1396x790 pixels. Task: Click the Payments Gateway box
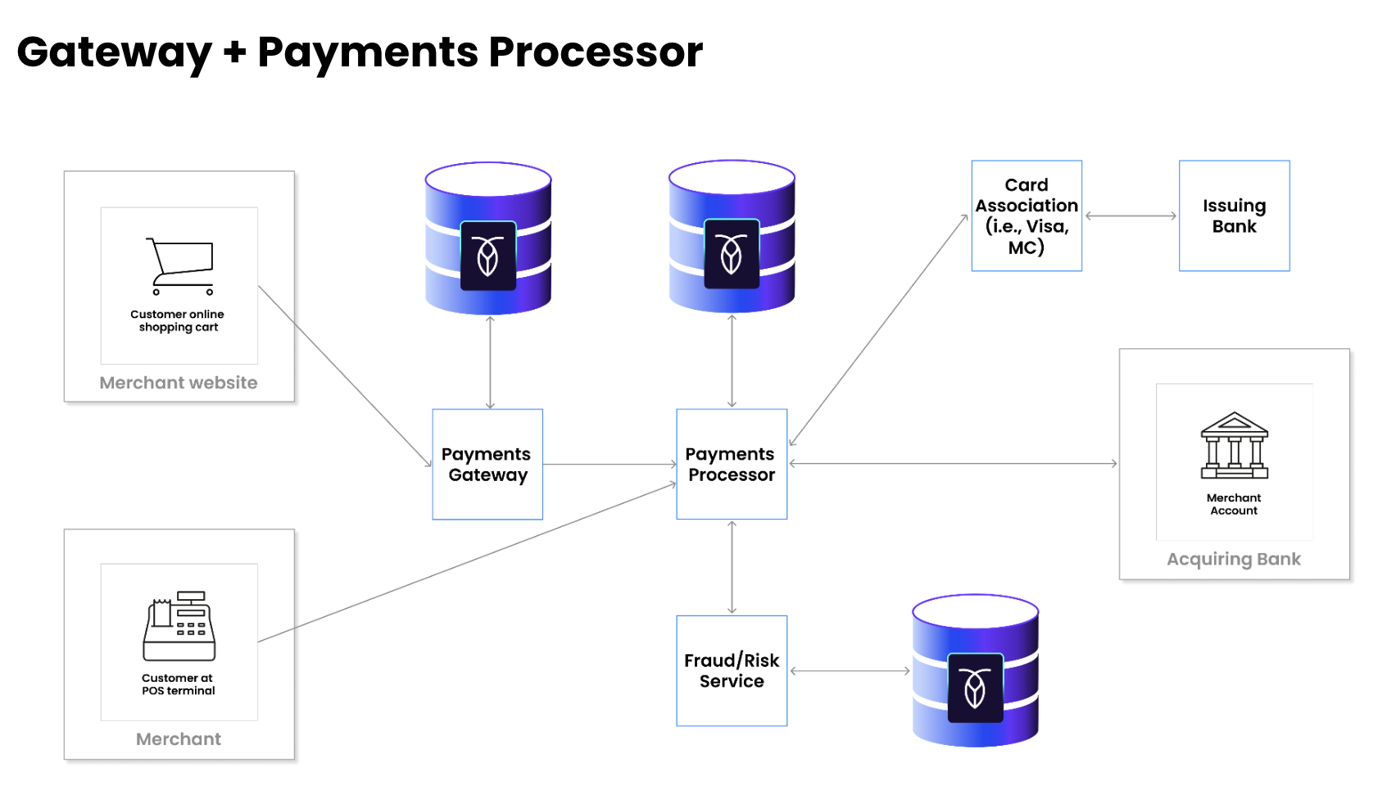[x=487, y=464]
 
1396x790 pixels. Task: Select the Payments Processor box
[x=732, y=464]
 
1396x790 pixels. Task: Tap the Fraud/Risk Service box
[x=732, y=670]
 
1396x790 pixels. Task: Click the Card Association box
[x=1027, y=216]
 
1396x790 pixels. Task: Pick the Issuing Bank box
[x=1234, y=216]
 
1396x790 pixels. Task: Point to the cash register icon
[x=179, y=626]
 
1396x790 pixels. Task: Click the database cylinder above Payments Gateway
[x=488, y=238]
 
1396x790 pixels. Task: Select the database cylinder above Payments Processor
[x=732, y=236]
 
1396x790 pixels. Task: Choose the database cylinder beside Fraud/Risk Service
[x=975, y=670]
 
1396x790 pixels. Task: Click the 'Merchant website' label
[x=179, y=383]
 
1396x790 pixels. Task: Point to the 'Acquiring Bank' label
[x=1233, y=559]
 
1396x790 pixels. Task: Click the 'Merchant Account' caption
[x=1234, y=504]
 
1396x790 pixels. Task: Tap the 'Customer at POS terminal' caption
[x=178, y=684]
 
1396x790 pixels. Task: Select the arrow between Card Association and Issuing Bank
[x=1131, y=216]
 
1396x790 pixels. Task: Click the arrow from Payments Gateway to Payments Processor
[x=610, y=465]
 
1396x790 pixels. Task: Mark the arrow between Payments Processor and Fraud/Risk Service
[x=732, y=567]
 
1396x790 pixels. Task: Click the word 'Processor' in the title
[x=596, y=52]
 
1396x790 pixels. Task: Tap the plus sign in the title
[x=234, y=52]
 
